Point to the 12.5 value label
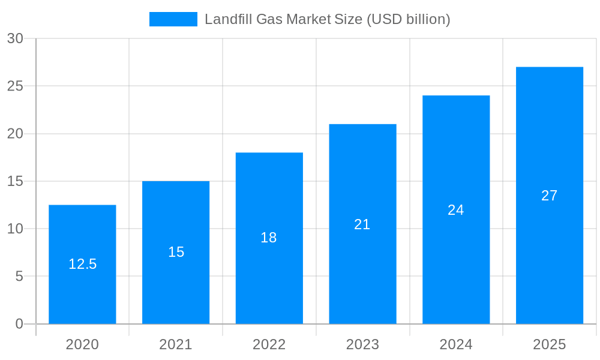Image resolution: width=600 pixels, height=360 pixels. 82,264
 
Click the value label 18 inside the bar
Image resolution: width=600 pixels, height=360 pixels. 269,238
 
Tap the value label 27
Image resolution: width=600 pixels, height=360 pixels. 550,196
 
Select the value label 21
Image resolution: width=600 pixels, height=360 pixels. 362,224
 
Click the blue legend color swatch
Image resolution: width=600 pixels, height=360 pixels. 173,19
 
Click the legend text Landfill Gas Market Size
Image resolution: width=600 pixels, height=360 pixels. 327,19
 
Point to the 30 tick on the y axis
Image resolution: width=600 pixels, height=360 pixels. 15,38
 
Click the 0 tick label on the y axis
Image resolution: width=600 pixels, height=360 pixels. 19,324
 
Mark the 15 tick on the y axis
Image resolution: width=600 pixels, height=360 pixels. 15,181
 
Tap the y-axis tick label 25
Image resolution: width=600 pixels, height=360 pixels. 15,86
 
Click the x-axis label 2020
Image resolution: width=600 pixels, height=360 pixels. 82,344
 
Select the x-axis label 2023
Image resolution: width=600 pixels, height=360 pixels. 362,344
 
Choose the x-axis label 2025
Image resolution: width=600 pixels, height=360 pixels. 550,344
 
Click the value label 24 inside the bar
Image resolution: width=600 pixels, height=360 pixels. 456,210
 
